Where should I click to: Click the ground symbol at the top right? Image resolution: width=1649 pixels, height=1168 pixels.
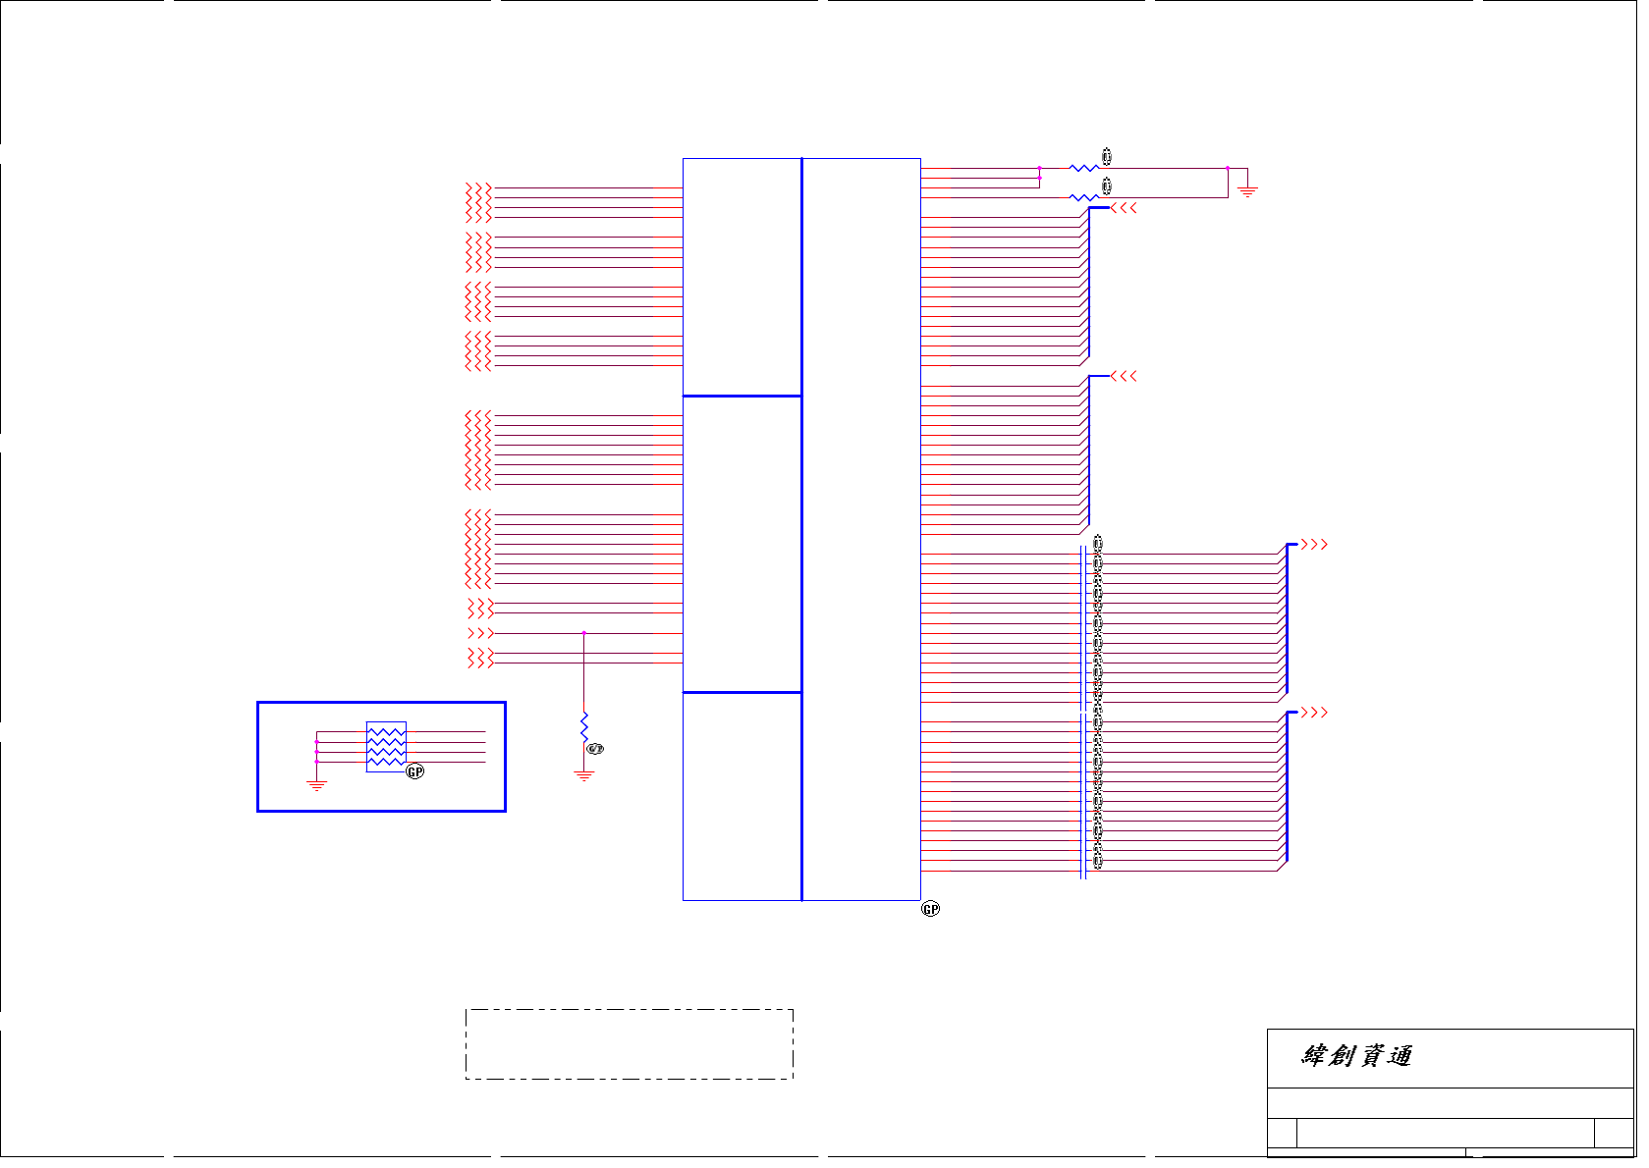pyautogui.click(x=1247, y=189)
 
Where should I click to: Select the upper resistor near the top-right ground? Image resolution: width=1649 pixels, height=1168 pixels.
pyautogui.click(x=1082, y=169)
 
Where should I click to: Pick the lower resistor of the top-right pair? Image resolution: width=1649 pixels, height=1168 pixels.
pyautogui.click(x=1082, y=198)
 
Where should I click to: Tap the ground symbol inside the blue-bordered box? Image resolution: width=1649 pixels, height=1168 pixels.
pyautogui.click(x=316, y=784)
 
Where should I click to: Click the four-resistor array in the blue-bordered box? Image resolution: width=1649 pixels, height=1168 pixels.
pyautogui.click(x=386, y=747)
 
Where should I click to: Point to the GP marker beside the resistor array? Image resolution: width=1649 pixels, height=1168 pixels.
pyautogui.click(x=415, y=771)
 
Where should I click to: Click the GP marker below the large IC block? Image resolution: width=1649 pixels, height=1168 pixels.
pyautogui.click(x=930, y=909)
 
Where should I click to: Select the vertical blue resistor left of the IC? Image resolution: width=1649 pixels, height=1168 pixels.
pyautogui.click(x=584, y=727)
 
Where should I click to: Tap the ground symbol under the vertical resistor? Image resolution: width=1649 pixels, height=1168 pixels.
pyautogui.click(x=584, y=775)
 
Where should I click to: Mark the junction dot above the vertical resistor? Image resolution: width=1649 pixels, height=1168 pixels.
pyautogui.click(x=584, y=633)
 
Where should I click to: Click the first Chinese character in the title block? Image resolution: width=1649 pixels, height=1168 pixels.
pyautogui.click(x=1316, y=1056)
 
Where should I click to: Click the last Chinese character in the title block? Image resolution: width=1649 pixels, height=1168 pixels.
pyautogui.click(x=1400, y=1056)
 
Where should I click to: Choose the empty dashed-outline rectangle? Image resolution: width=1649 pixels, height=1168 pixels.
pyautogui.click(x=629, y=1044)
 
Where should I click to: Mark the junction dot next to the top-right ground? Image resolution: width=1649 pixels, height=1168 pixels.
pyautogui.click(x=1228, y=169)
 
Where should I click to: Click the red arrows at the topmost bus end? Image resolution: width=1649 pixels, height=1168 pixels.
pyautogui.click(x=1125, y=208)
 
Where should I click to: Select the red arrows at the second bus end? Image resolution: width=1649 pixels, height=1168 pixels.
pyautogui.click(x=1125, y=376)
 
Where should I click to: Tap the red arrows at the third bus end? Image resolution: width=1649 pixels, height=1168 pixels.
pyautogui.click(x=1314, y=545)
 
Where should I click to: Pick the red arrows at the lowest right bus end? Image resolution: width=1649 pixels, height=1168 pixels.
pyautogui.click(x=1314, y=713)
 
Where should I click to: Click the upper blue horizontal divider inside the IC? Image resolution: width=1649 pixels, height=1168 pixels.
pyautogui.click(x=742, y=396)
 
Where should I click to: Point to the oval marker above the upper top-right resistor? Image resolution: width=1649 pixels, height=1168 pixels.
pyautogui.click(x=1107, y=156)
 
